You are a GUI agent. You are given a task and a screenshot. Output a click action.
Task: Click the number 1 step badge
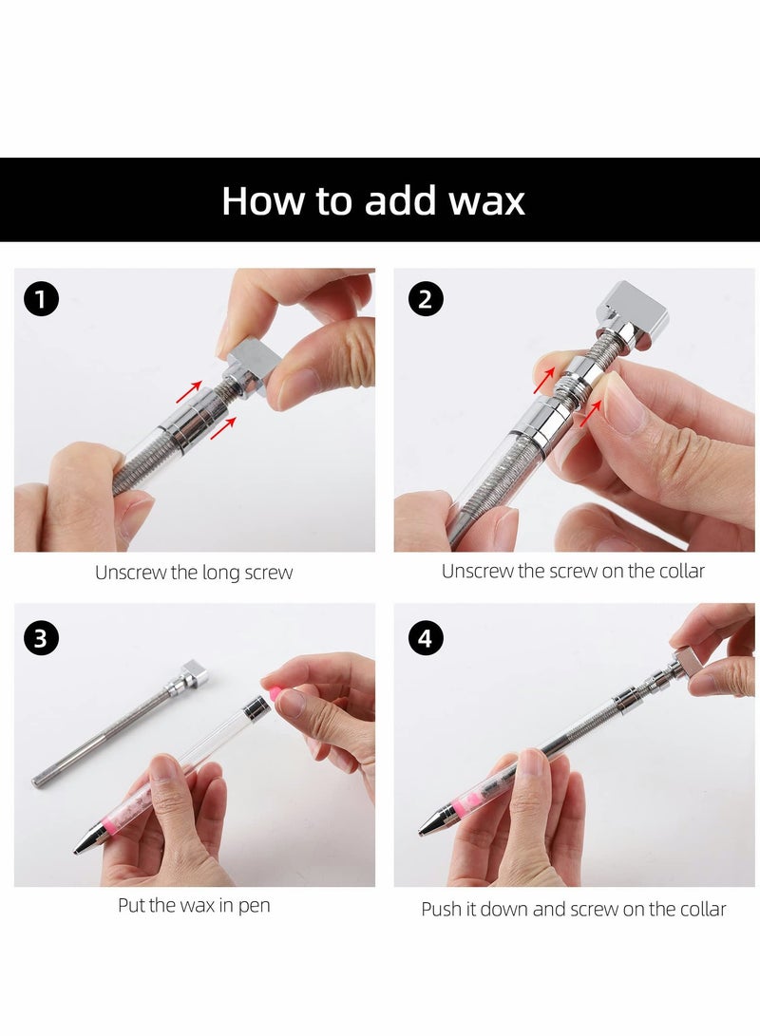tap(41, 300)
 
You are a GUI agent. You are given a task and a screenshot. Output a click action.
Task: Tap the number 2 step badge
tap(425, 300)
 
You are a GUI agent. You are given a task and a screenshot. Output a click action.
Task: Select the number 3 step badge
tap(41, 637)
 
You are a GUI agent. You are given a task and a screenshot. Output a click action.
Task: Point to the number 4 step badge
tap(425, 638)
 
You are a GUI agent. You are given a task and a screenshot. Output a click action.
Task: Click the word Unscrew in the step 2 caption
tap(477, 571)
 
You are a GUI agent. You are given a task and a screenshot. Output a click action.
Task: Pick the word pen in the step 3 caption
tap(254, 906)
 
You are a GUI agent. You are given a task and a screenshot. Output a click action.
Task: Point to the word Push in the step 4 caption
tap(443, 909)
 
